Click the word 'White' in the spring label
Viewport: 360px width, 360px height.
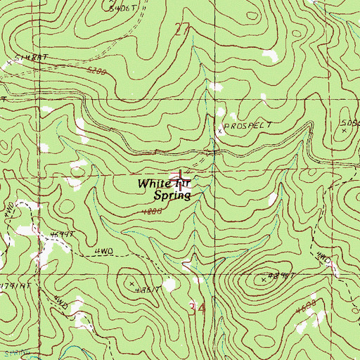click(153, 184)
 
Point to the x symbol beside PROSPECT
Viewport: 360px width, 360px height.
click(219, 131)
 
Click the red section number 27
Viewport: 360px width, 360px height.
click(181, 28)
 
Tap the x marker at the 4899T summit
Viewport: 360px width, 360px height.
click(264, 280)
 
